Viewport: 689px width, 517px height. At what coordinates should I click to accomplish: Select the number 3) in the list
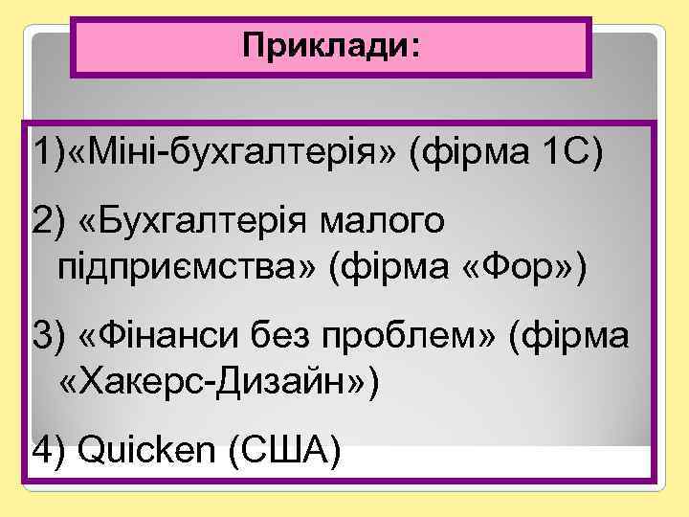coord(48,337)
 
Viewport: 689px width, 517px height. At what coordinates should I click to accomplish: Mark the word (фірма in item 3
coord(570,337)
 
